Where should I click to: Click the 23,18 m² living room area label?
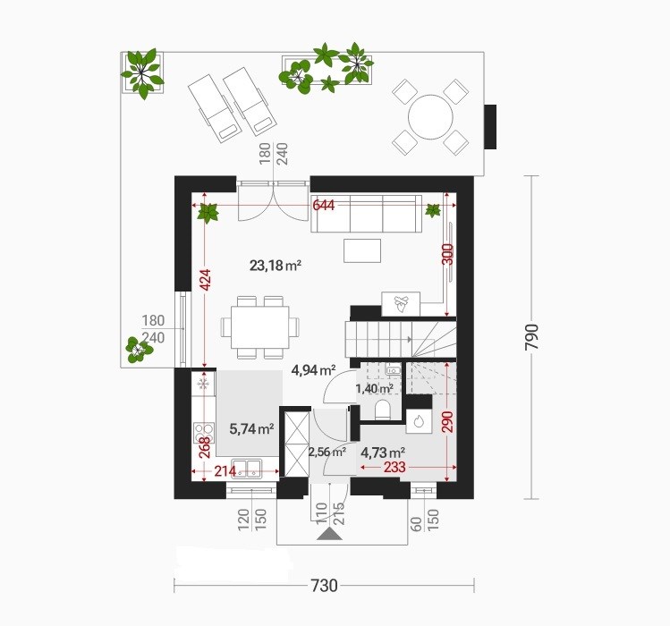point(276,266)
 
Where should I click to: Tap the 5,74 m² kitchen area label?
point(251,428)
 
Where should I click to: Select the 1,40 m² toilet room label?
point(374,388)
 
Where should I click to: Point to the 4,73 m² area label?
point(383,452)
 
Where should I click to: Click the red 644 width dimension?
point(324,205)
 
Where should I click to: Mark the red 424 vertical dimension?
point(206,280)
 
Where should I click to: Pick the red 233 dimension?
point(394,467)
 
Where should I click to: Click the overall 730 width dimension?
point(324,586)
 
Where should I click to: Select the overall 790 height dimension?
point(531,337)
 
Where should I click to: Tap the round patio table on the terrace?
point(430,117)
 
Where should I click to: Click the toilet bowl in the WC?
point(383,410)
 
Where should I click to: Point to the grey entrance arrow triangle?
point(329,534)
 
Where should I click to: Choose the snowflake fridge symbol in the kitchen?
point(203,385)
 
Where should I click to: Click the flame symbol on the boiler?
point(418,422)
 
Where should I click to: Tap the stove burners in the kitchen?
point(203,432)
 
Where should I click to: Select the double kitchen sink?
point(247,468)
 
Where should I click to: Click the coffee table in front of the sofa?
point(362,250)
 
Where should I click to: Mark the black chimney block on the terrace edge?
point(490,127)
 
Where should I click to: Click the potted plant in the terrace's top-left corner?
point(142,72)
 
